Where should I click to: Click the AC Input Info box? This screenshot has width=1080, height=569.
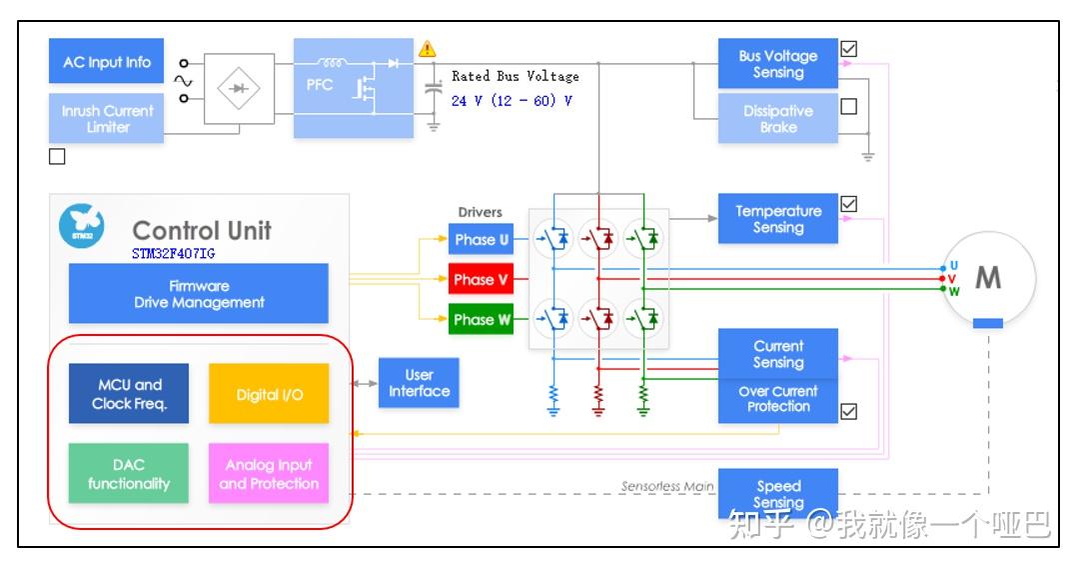pyautogui.click(x=106, y=61)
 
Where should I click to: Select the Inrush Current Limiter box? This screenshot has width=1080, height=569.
pyautogui.click(x=106, y=119)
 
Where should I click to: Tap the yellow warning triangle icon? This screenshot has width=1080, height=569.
pyautogui.click(x=427, y=48)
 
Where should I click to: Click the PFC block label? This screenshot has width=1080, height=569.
pyautogui.click(x=320, y=85)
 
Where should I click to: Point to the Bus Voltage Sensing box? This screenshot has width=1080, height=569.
pyautogui.click(x=777, y=63)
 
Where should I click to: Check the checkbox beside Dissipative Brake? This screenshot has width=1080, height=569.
pyautogui.click(x=849, y=106)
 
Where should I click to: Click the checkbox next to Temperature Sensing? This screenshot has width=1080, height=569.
pyautogui.click(x=849, y=204)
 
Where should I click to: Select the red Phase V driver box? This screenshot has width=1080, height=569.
pyautogui.click(x=481, y=279)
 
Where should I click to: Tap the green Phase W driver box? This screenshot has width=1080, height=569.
pyautogui.click(x=481, y=319)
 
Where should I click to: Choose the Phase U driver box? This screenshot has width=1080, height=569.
pyautogui.click(x=481, y=239)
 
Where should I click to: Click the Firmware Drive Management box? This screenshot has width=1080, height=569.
pyautogui.click(x=199, y=294)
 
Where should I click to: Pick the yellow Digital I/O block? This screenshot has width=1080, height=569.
pyautogui.click(x=269, y=394)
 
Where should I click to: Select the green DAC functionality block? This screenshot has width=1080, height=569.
pyautogui.click(x=129, y=473)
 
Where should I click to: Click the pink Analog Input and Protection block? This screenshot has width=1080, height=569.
pyautogui.click(x=269, y=473)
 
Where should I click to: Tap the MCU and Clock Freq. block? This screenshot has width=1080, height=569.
pyautogui.click(x=129, y=394)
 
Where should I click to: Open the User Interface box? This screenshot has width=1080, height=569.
pyautogui.click(x=419, y=383)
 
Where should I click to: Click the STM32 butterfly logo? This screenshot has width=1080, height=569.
pyautogui.click(x=81, y=226)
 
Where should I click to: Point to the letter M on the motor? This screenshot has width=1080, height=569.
pyautogui.click(x=988, y=278)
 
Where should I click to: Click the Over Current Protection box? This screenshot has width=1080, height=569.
pyautogui.click(x=777, y=400)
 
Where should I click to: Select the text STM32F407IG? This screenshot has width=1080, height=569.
pyautogui.click(x=173, y=253)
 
